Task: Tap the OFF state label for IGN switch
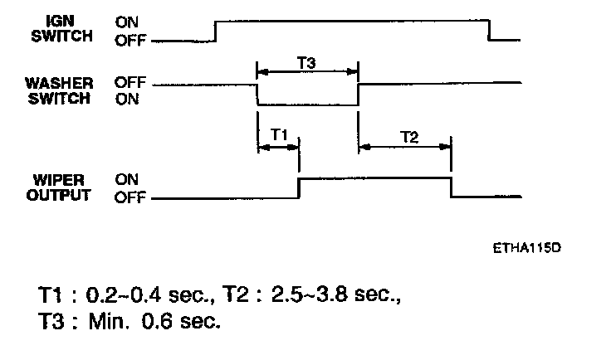click(129, 38)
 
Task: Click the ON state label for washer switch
click(126, 99)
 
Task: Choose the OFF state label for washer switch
click(129, 83)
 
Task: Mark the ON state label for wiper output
click(126, 178)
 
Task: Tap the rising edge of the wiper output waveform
click(299, 188)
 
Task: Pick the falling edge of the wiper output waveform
click(451, 188)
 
